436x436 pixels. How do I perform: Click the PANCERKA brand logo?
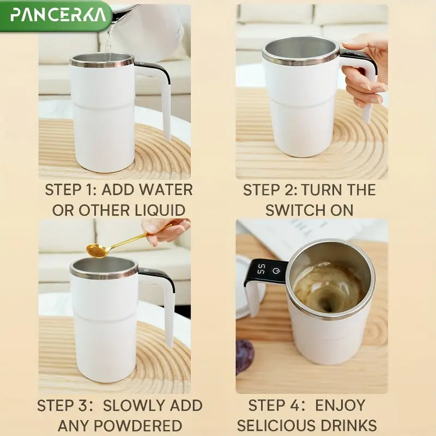[x=58, y=14]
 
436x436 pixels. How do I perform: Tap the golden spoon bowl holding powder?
[x=96, y=250]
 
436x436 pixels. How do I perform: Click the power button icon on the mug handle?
[x=276, y=270]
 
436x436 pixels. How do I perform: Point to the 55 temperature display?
[x=262, y=269]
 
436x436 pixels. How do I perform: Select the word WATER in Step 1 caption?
[x=166, y=190]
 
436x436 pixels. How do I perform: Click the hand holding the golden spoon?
[x=163, y=229]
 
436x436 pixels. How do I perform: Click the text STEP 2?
[x=269, y=190]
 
